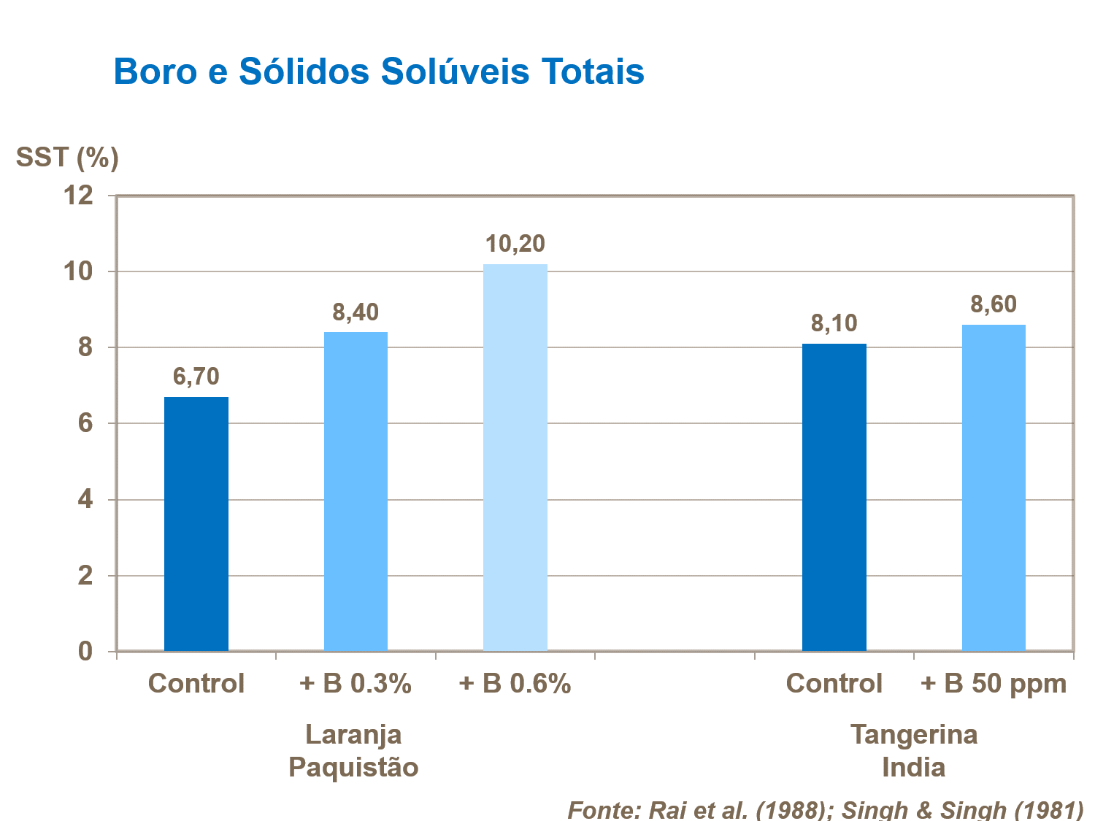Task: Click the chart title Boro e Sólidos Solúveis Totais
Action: click(x=379, y=72)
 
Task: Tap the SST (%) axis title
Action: click(x=67, y=157)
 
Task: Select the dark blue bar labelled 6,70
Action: click(x=196, y=524)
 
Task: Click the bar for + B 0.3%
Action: click(x=356, y=491)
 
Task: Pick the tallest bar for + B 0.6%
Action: click(x=515, y=458)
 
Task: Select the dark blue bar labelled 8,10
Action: click(x=834, y=497)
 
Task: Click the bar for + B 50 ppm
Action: click(x=994, y=487)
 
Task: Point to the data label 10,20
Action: click(x=515, y=244)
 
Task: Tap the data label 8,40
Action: click(x=356, y=312)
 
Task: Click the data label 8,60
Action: click(x=994, y=304)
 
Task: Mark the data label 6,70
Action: click(x=196, y=377)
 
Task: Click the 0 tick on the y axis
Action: click(x=85, y=651)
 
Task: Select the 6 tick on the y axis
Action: click(x=85, y=423)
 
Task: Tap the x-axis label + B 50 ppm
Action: click(x=994, y=684)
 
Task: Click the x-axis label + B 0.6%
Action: click(x=515, y=684)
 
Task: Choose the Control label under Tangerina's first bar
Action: click(x=834, y=684)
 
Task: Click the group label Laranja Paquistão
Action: click(x=353, y=750)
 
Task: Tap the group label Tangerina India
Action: click(x=914, y=750)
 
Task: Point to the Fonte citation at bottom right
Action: click(x=825, y=809)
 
